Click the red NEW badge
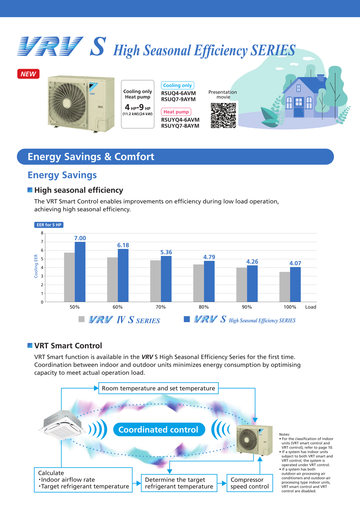coord(28,74)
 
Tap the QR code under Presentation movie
coord(223,115)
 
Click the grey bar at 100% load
coord(284,287)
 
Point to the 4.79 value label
coord(209,257)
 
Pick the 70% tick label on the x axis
coord(161,307)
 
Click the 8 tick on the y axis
coord(42,233)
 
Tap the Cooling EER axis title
coord(36,266)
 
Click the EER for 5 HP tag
coord(49,225)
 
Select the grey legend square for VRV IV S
coord(81,319)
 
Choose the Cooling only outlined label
coord(177,85)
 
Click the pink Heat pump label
coord(176,112)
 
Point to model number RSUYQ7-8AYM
coord(180,126)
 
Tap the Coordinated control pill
coord(159,430)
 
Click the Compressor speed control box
coord(249,483)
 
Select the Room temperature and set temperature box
coord(158,388)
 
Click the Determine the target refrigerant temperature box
coord(179,483)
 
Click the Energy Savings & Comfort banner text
coord(91,157)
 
